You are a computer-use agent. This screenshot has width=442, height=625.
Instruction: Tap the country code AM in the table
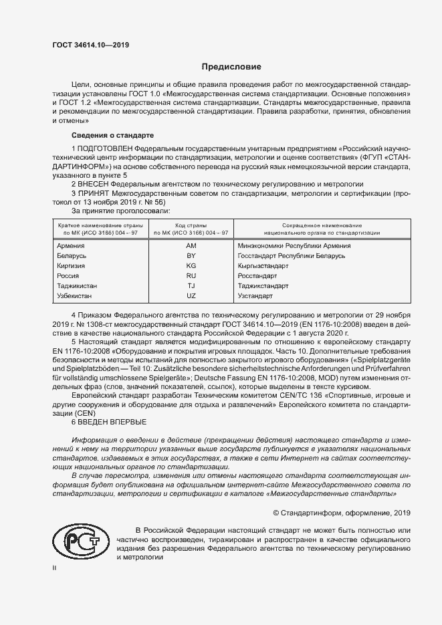pyautogui.click(x=191, y=245)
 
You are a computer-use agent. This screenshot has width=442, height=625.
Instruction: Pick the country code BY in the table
pyautogui.click(x=191, y=255)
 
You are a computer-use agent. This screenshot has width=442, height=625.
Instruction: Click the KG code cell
pyautogui.click(x=191, y=265)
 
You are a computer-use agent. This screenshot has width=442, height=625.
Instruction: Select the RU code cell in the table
pyautogui.click(x=191, y=275)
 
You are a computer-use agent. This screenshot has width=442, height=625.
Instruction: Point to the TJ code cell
pyautogui.click(x=191, y=285)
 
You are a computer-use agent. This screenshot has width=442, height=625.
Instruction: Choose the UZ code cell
pyautogui.click(x=191, y=295)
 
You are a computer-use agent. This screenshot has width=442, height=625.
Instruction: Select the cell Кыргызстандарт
pyautogui.click(x=263, y=265)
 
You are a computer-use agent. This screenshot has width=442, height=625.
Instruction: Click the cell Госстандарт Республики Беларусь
pyautogui.click(x=291, y=255)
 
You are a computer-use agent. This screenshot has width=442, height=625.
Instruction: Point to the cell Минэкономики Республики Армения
pyautogui.click(x=294, y=245)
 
